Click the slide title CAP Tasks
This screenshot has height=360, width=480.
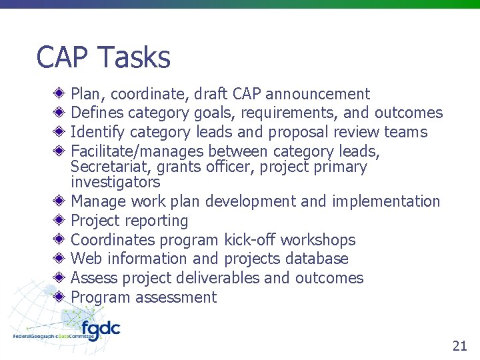point(103,57)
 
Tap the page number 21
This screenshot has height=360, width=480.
point(459,345)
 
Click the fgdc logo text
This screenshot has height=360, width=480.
point(100,330)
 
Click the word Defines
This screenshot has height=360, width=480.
point(97,113)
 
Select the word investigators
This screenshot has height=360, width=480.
point(115,182)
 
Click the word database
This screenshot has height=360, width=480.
point(317,259)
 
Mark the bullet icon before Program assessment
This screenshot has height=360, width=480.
point(60,297)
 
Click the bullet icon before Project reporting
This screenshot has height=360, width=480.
point(60,220)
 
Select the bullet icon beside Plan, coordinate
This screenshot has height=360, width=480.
point(60,94)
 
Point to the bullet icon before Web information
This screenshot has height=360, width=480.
point(60,258)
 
